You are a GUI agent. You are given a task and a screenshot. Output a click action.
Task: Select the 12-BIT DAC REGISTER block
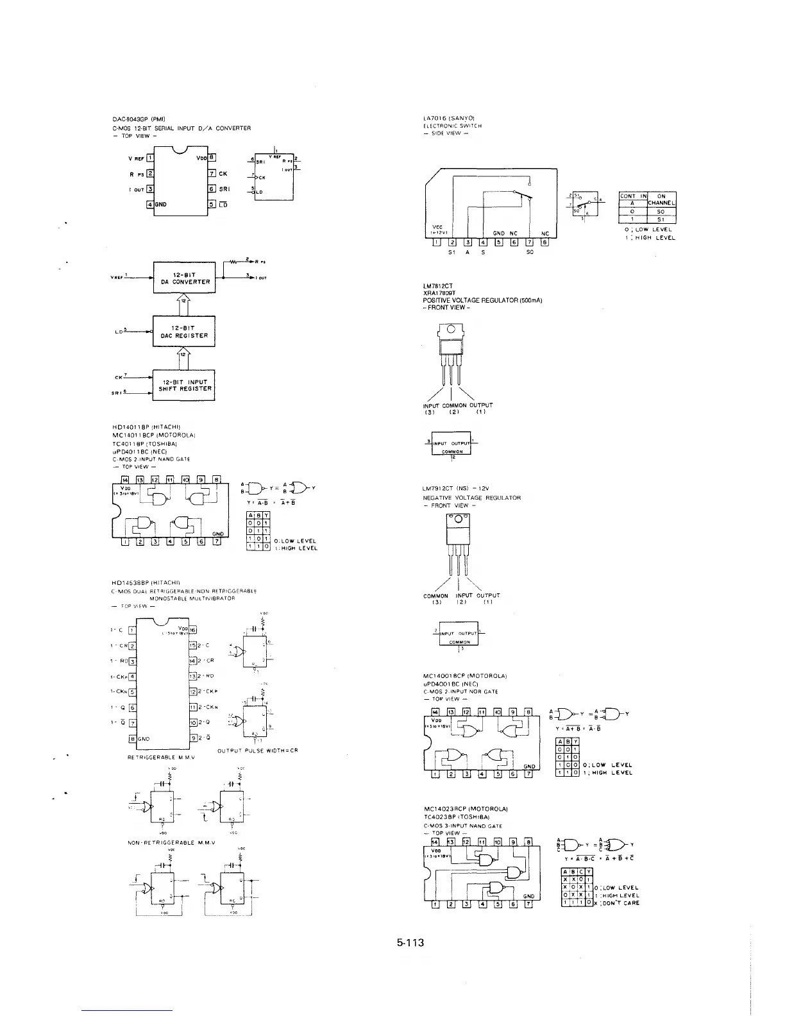(x=183, y=332)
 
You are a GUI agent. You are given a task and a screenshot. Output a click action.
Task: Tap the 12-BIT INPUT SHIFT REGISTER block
(x=184, y=385)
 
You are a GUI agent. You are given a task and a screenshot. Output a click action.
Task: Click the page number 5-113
(x=410, y=943)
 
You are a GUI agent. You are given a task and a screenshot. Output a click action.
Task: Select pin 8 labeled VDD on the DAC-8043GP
(x=212, y=157)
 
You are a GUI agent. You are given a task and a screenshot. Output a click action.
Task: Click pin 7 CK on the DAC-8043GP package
(x=212, y=173)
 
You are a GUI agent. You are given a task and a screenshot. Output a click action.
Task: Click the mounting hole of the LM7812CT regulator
(x=452, y=330)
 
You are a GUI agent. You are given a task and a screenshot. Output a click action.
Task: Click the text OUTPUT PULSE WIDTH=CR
(x=258, y=750)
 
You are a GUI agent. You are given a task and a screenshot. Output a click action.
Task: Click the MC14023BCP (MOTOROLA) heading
(x=466, y=809)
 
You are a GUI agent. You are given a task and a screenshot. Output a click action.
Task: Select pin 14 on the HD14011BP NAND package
(x=125, y=479)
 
